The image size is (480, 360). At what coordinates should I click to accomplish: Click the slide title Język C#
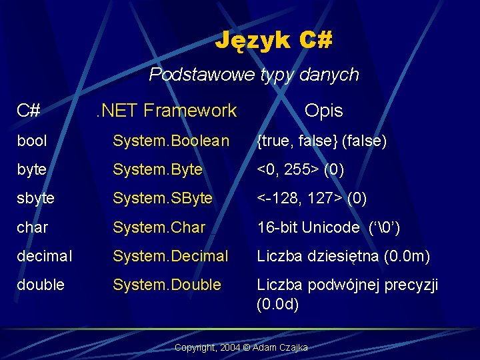[x=273, y=41]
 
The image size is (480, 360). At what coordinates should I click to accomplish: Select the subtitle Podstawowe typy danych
[x=254, y=75]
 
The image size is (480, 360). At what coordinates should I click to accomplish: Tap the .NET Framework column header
[x=165, y=111]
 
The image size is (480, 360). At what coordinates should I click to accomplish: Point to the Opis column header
[x=323, y=111]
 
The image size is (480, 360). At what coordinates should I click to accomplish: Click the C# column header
[x=29, y=111]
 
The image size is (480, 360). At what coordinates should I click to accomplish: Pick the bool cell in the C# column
[x=32, y=141]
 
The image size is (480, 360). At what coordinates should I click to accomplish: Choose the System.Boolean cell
[x=171, y=141]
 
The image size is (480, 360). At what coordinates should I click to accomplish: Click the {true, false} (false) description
[x=322, y=141]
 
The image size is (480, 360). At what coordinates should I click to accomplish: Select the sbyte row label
[x=36, y=199]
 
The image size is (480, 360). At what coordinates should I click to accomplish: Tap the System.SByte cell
[x=163, y=199]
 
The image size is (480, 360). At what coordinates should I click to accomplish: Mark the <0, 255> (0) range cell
[x=301, y=170]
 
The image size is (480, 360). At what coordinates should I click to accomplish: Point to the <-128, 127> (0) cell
[x=312, y=199]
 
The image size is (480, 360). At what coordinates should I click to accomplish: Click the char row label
[x=33, y=227]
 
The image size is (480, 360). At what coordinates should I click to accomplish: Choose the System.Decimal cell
[x=171, y=256]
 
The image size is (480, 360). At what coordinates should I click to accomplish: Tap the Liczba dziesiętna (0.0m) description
[x=343, y=256]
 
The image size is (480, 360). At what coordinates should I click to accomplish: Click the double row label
[x=41, y=285]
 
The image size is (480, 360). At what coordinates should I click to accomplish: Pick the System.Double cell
[x=167, y=285]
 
